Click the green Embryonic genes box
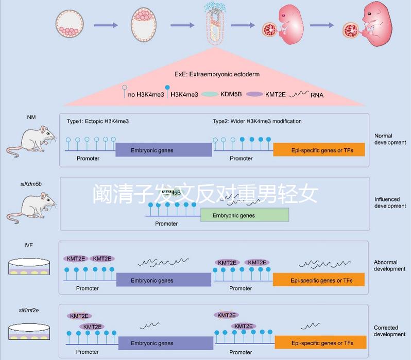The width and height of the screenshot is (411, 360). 244,215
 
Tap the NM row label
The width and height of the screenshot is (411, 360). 31,117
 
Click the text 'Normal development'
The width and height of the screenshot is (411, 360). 390,139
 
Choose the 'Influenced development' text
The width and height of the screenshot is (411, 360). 390,202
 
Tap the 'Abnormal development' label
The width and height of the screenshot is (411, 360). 390,266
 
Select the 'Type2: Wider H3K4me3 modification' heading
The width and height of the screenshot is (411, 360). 257,121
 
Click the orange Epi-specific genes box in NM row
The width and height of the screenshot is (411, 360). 319,150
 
